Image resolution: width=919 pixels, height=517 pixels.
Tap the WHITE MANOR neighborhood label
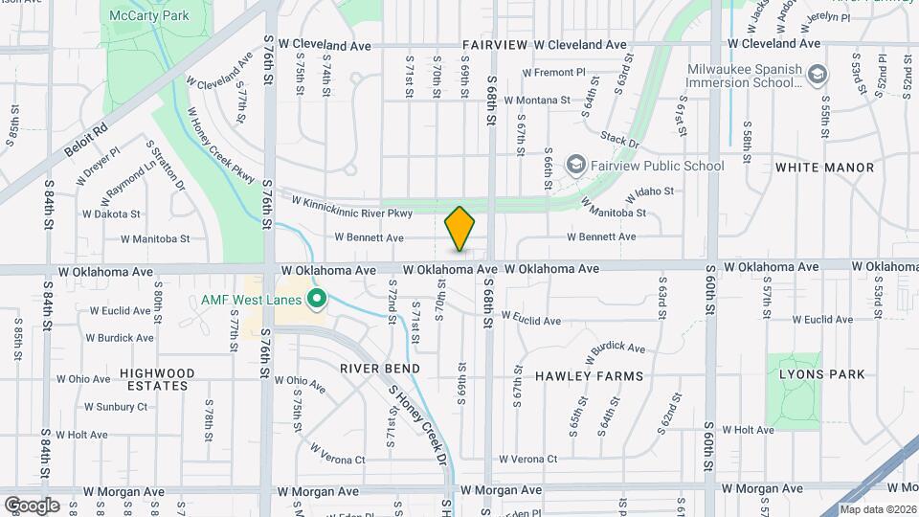(824, 168)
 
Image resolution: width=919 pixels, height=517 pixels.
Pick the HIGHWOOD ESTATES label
(157, 379)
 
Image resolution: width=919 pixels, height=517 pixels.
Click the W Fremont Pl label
(553, 73)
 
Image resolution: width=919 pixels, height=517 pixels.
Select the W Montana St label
(536, 100)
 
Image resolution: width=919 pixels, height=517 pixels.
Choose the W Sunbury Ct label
(116, 406)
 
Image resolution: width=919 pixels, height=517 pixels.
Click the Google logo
(32, 505)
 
